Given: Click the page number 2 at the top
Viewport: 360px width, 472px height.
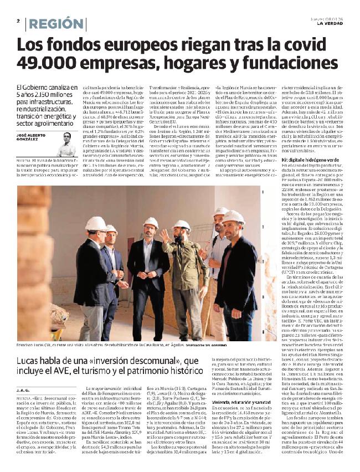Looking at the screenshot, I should pyautogui.click(x=18, y=21).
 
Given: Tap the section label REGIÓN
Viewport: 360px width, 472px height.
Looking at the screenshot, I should pyautogui.click(x=56, y=24).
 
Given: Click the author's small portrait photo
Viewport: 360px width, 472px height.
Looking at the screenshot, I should pyautogui.click(x=66, y=143).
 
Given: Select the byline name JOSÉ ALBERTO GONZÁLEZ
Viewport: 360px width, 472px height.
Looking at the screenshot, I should pyautogui.click(x=34, y=138).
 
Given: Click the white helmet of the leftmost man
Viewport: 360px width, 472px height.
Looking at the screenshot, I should pyautogui.click(x=95, y=223).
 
